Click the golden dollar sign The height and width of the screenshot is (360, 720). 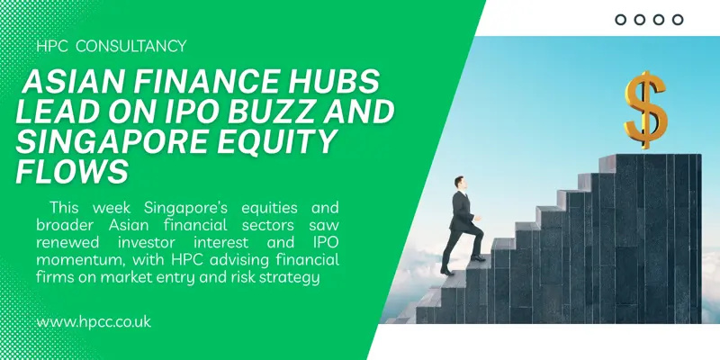pyautogui.click(x=647, y=110)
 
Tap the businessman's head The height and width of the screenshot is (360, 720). pyautogui.click(x=460, y=184)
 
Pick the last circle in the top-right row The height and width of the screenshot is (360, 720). pyautogui.click(x=678, y=19)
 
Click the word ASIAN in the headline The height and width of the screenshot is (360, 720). pyautogui.click(x=67, y=85)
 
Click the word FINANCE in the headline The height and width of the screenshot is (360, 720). pyautogui.click(x=188, y=85)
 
